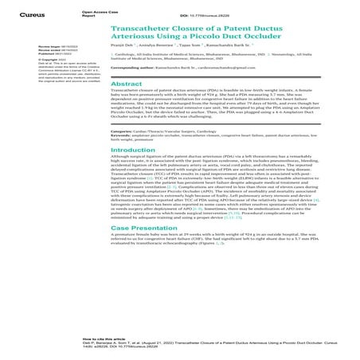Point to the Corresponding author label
coord(140,92)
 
